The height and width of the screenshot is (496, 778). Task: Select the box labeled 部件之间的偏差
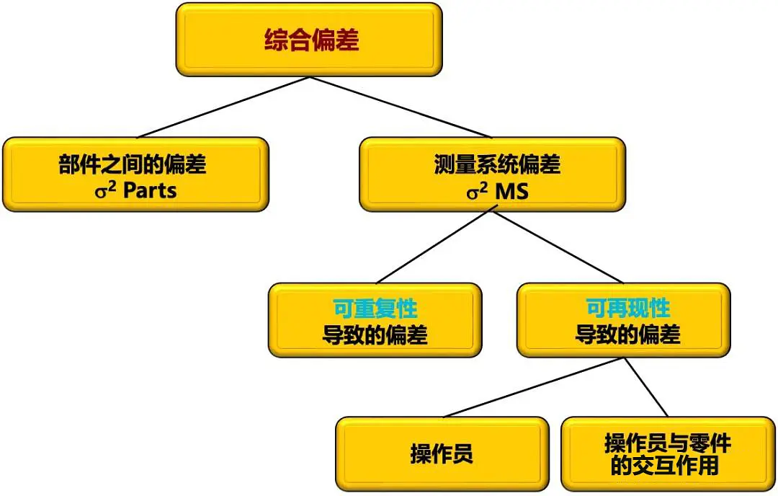tap(135, 174)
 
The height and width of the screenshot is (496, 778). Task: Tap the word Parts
tap(150, 191)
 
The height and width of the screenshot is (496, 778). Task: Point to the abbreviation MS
tap(512, 192)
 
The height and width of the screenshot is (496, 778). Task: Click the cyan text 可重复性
tap(375, 309)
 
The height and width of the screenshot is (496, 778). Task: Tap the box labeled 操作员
tap(442, 454)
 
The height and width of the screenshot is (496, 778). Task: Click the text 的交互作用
tap(664, 466)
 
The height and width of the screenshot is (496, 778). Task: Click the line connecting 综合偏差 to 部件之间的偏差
tap(223, 107)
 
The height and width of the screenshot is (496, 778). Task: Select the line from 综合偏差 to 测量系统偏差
tap(400, 107)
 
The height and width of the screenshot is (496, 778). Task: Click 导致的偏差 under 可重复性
tap(375, 335)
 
